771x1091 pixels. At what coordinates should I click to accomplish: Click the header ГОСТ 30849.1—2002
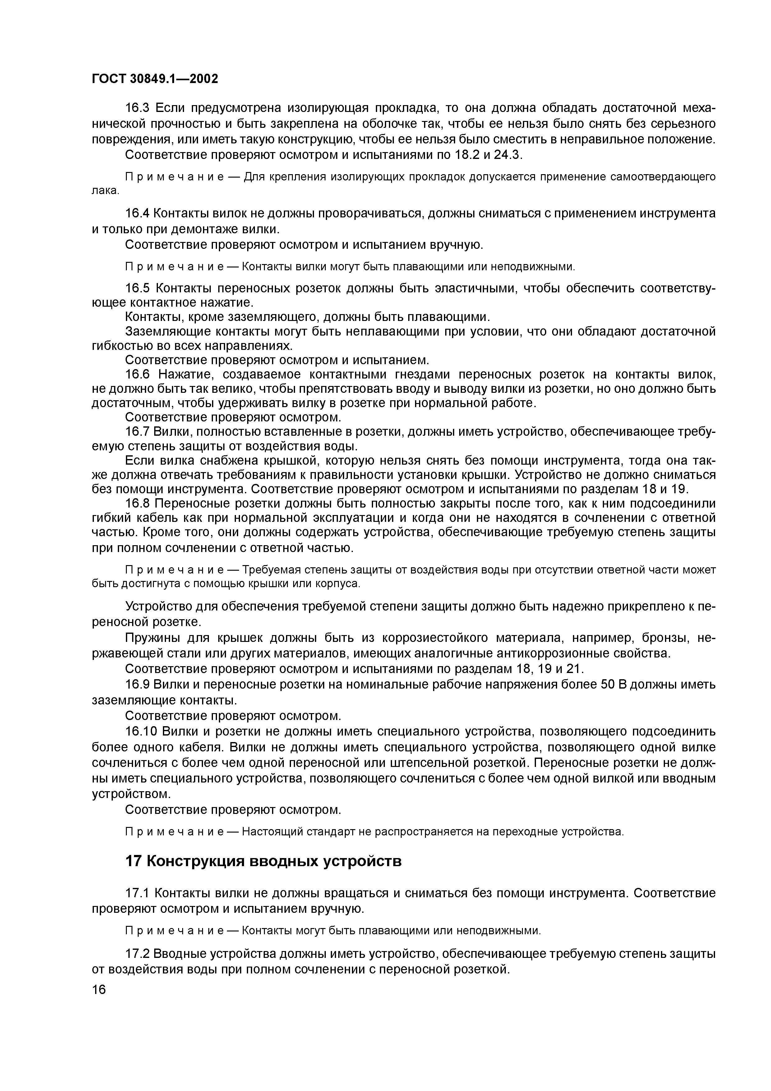click(155, 78)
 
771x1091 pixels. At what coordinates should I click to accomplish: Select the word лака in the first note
click(104, 191)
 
